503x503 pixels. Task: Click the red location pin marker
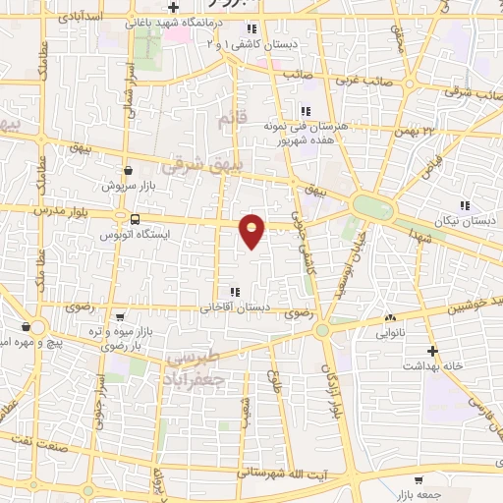(252, 231)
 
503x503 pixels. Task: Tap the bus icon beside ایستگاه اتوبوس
(135, 220)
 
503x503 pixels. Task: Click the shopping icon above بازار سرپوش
(128, 170)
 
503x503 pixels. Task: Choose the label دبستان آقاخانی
(235, 307)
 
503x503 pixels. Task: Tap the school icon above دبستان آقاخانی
(234, 292)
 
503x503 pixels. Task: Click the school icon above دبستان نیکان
(464, 206)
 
